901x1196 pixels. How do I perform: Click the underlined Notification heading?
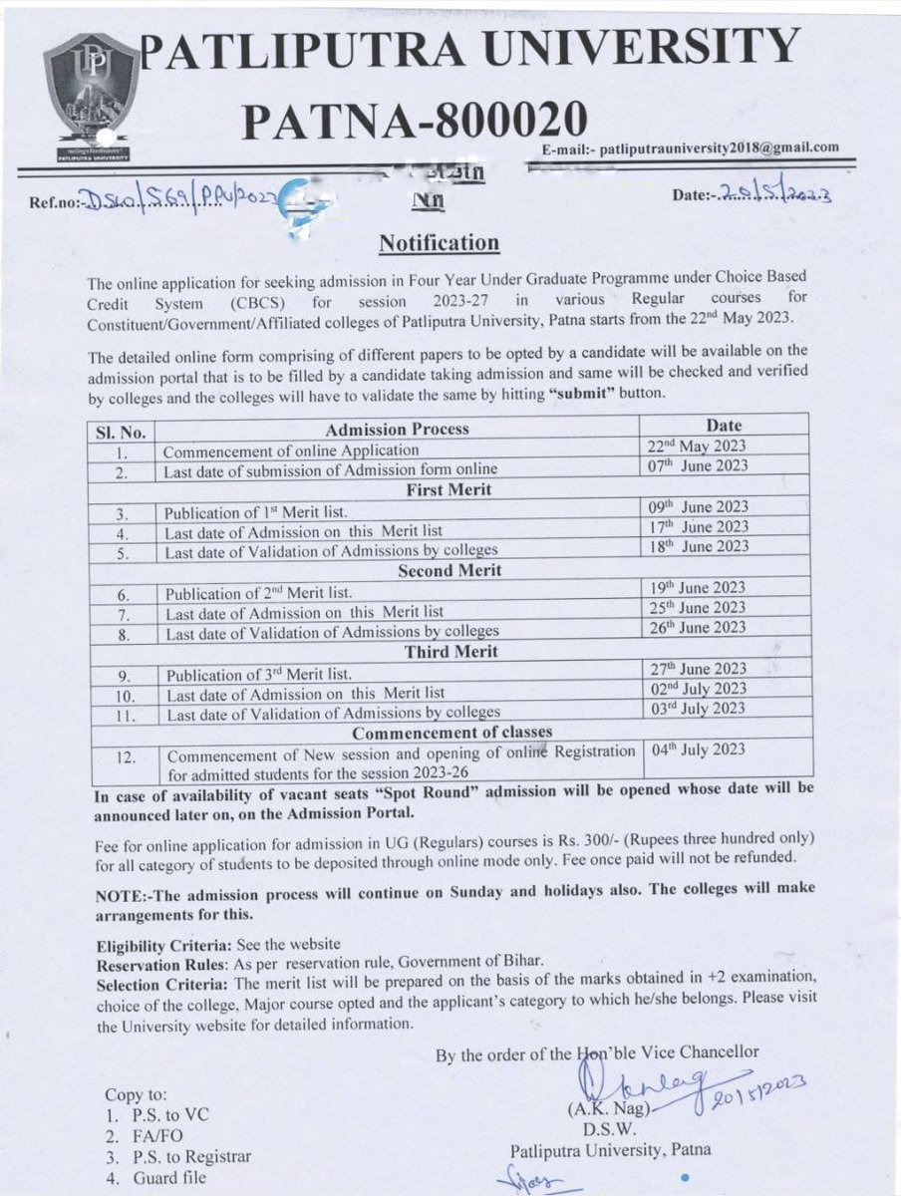coord(439,243)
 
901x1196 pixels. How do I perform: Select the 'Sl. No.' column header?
coord(122,432)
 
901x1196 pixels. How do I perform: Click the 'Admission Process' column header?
coord(397,430)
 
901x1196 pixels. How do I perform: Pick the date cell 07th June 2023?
coord(697,466)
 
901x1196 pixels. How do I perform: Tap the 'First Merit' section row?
coord(448,489)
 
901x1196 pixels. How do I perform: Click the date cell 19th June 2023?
coord(697,588)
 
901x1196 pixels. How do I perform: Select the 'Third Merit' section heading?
coord(450,652)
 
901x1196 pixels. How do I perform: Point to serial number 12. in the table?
coord(126,757)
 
